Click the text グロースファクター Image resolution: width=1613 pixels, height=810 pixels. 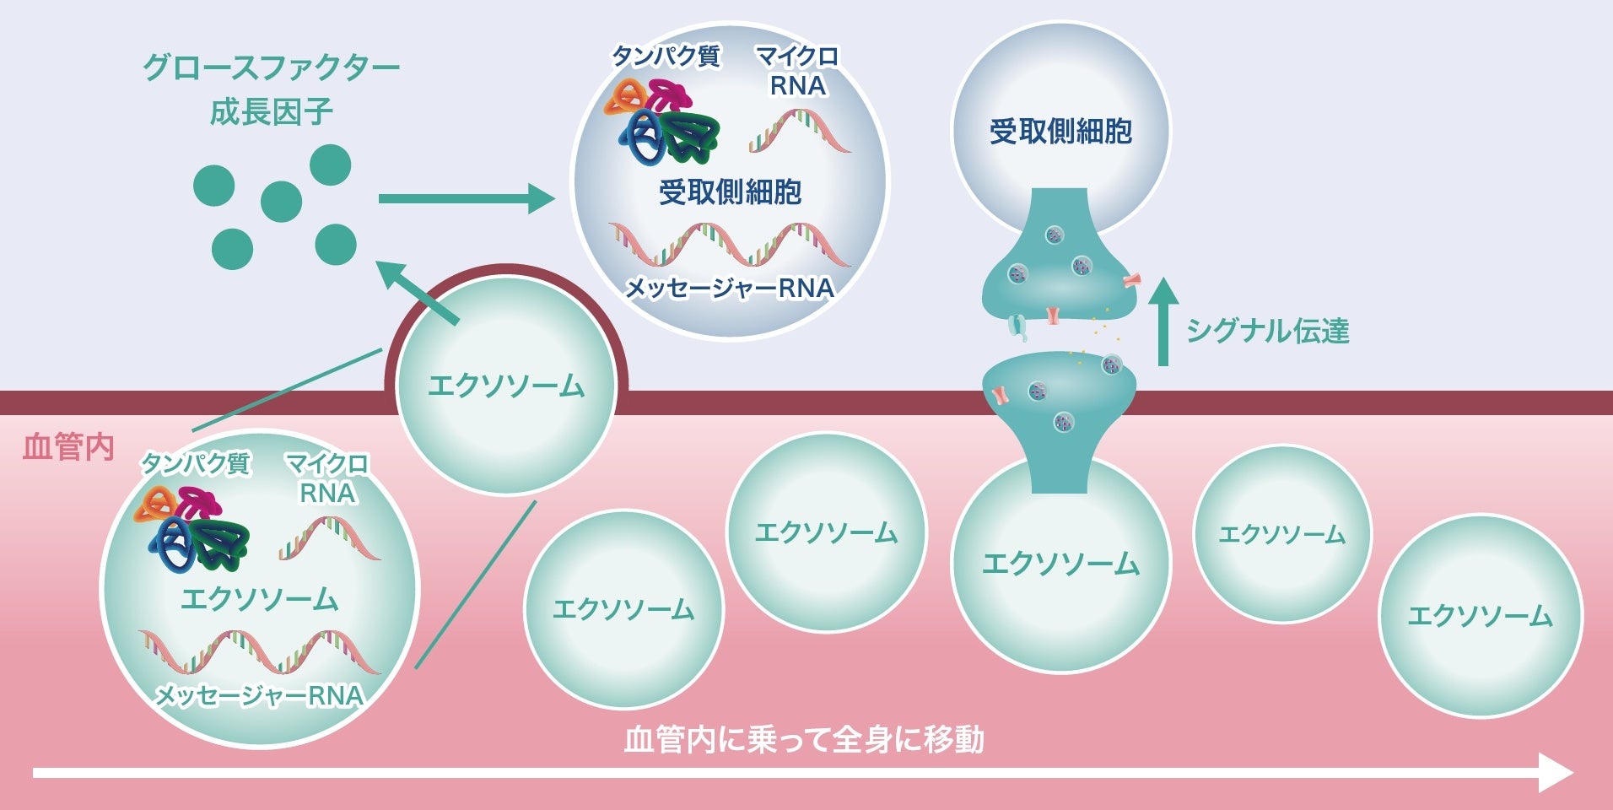tap(271, 67)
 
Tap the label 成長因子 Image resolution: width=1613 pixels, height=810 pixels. tap(271, 111)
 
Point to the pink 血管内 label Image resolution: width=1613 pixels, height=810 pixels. tap(68, 447)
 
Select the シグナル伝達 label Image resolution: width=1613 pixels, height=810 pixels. tap(1267, 331)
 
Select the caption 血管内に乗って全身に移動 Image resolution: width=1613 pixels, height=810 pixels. tap(804, 739)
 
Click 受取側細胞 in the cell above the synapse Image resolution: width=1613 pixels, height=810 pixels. tap(1060, 132)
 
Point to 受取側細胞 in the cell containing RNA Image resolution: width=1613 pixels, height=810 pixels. tap(730, 192)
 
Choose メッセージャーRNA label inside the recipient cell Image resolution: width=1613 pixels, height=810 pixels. tap(730, 289)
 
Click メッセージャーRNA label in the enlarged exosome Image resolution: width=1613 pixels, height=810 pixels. tap(260, 695)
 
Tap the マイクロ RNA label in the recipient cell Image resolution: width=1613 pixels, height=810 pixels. tap(797, 71)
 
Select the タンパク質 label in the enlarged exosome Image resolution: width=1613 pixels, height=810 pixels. tap(195, 463)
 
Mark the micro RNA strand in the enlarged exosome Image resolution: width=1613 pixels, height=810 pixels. tap(329, 540)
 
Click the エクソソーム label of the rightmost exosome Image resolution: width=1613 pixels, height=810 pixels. tap(1480, 616)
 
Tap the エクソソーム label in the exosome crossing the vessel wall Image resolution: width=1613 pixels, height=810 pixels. tap(506, 386)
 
